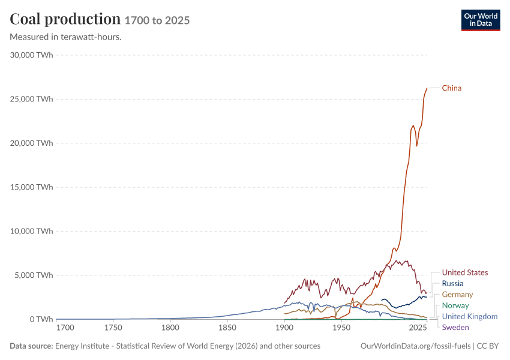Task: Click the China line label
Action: pyautogui.click(x=451, y=88)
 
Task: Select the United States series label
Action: pyautogui.click(x=465, y=272)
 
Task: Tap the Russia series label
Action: pyautogui.click(x=452, y=284)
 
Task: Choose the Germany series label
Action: pyautogui.click(x=457, y=295)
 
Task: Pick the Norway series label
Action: pyautogui.click(x=455, y=305)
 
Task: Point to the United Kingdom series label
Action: pyautogui.click(x=470, y=316)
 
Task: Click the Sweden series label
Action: pyautogui.click(x=455, y=328)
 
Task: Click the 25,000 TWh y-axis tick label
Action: pyautogui.click(x=31, y=99)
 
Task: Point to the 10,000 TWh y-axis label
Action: pyautogui.click(x=31, y=231)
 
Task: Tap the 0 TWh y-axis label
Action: pyautogui.click(x=41, y=319)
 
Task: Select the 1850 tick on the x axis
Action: pyautogui.click(x=227, y=328)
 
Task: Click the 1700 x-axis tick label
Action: pyautogui.click(x=65, y=328)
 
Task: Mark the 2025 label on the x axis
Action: pyautogui.click(x=418, y=328)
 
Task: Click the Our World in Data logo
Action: pyautogui.click(x=481, y=20)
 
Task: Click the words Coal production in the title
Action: pyautogui.click(x=65, y=19)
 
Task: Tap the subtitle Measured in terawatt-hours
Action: pyautogui.click(x=66, y=37)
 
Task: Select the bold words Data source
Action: pyautogui.click(x=31, y=346)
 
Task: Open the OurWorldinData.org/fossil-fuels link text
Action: pyautogui.click(x=415, y=346)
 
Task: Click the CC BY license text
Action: pyautogui.click(x=488, y=346)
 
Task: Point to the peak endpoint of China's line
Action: pyautogui.click(x=427, y=88)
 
